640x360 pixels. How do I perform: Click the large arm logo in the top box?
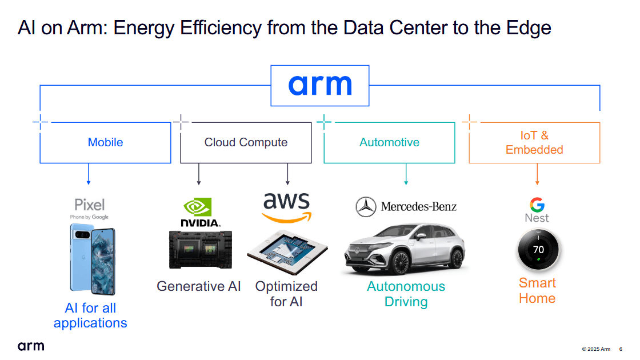pyautogui.click(x=320, y=85)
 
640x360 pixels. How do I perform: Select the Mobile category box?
pyautogui.click(x=105, y=142)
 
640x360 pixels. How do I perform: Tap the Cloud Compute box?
pyautogui.click(x=246, y=142)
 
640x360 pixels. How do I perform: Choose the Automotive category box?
pyautogui.click(x=389, y=142)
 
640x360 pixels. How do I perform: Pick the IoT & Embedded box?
pyautogui.click(x=534, y=142)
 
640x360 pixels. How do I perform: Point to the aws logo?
pyautogui.click(x=287, y=207)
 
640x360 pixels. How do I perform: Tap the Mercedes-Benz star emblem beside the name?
pyautogui.click(x=366, y=207)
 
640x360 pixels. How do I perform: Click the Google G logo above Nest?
pyautogui.click(x=537, y=205)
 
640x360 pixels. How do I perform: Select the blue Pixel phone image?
pyautogui.click(x=91, y=258)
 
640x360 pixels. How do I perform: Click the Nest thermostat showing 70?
pyautogui.click(x=538, y=250)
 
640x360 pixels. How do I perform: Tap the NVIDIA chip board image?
pyautogui.click(x=200, y=249)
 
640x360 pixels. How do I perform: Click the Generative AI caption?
pyautogui.click(x=199, y=286)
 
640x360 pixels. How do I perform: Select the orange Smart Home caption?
pyautogui.click(x=537, y=290)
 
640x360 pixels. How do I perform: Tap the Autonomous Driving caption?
pyautogui.click(x=406, y=294)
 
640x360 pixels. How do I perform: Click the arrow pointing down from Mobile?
pyautogui.click(x=89, y=175)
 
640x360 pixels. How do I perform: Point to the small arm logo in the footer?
pyautogui.click(x=30, y=346)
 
